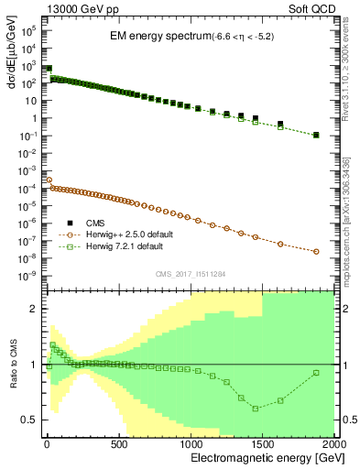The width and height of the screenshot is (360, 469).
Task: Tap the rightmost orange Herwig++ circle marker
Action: [x=316, y=252]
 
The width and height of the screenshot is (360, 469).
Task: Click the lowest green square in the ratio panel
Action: [x=256, y=409]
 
